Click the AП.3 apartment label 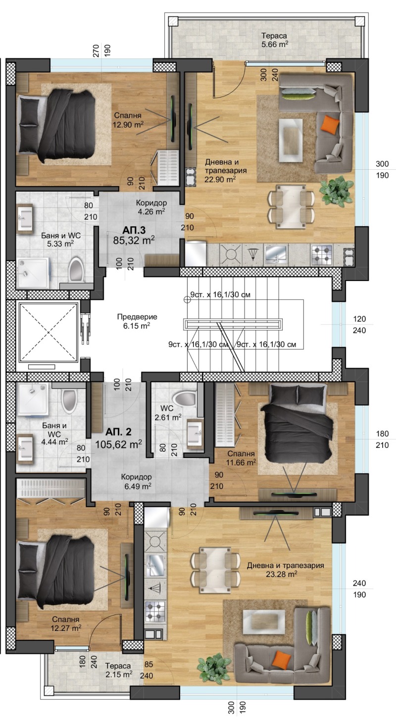coord(134,230)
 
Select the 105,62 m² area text coord(118,444)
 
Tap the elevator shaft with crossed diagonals coord(48,333)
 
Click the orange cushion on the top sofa coord(330,124)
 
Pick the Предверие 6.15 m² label coord(137,321)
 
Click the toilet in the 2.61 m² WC coord(184,399)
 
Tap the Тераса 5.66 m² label coord(274,40)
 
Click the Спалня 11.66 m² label coord(241,458)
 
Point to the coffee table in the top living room coord(291,140)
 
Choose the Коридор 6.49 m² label coord(137,481)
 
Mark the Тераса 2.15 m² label coord(118,671)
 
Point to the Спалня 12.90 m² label coord(128,120)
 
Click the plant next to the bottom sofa coord(214,669)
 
